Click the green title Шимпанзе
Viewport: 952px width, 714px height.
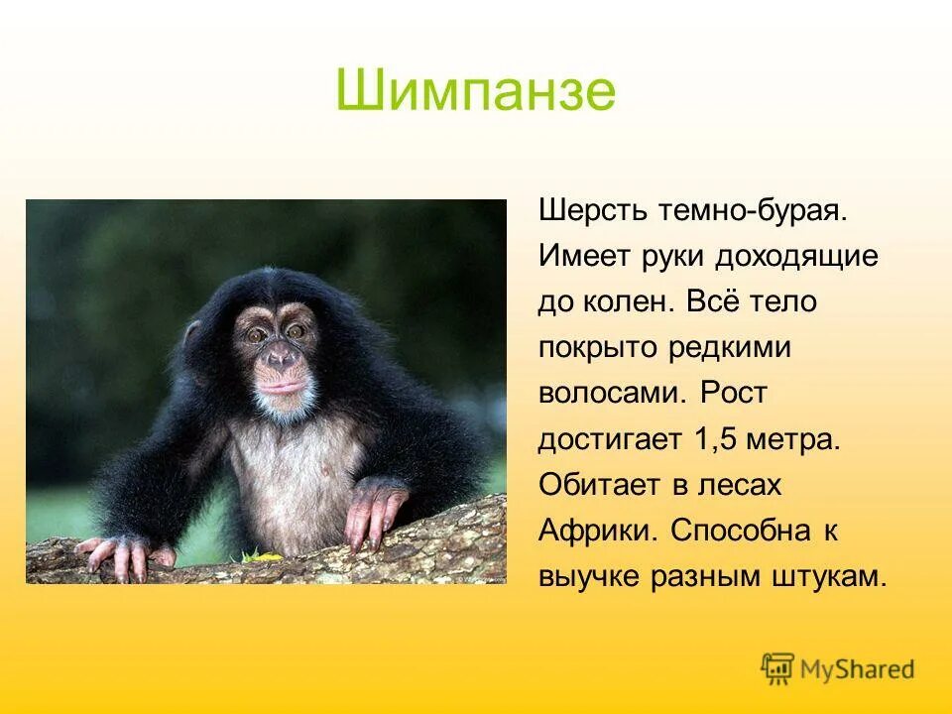click(x=475, y=91)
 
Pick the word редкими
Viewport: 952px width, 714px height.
click(x=720, y=348)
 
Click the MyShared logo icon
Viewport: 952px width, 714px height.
click(x=778, y=668)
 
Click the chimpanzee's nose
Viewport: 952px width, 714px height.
click(x=281, y=355)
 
